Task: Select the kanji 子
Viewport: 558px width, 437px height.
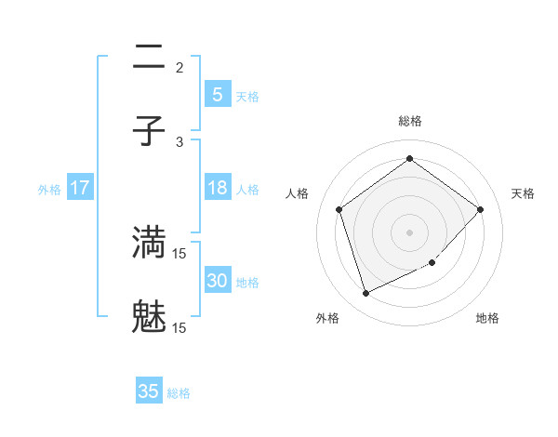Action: [149, 131]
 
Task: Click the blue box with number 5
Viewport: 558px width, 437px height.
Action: [217, 94]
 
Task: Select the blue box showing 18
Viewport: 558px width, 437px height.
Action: [217, 188]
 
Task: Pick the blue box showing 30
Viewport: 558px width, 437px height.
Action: [217, 281]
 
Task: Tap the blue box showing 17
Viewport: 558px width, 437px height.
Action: [80, 188]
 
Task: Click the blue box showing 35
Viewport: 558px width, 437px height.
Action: [149, 391]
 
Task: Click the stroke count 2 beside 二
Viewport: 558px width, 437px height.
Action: [179, 67]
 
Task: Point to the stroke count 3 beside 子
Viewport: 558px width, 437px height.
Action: [179, 142]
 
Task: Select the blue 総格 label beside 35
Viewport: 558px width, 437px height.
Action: [179, 393]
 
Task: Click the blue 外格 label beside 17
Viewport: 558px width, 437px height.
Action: [49, 190]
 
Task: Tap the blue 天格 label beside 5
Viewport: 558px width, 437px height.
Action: [247, 96]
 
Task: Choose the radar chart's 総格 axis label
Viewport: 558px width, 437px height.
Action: [409, 121]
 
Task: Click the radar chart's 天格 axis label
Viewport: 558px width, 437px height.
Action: [523, 193]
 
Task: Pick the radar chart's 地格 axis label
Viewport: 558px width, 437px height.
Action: [487, 318]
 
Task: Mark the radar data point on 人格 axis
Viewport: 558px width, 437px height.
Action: [339, 209]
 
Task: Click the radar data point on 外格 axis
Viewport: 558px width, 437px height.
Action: [365, 294]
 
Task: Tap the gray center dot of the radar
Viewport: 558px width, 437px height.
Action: [409, 232]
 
